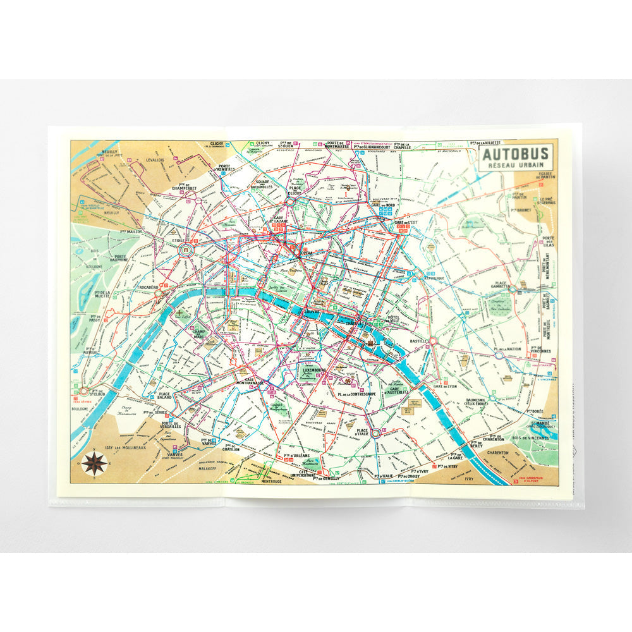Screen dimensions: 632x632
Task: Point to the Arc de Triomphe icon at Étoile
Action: click(187, 251)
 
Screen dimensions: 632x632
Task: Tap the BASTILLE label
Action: click(418, 341)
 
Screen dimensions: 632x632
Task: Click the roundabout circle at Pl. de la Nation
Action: click(499, 355)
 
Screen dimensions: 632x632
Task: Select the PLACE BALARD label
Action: click(166, 397)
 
